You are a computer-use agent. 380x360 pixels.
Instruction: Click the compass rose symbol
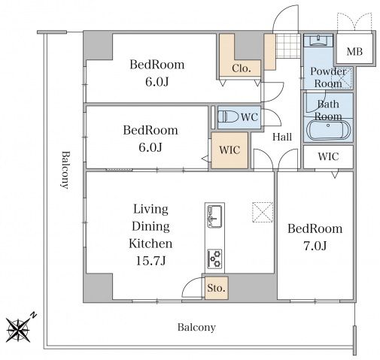click(18, 330)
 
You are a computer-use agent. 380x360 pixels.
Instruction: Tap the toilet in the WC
click(228, 116)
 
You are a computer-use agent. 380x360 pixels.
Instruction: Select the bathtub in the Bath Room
click(328, 131)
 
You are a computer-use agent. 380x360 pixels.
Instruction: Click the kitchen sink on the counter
click(214, 216)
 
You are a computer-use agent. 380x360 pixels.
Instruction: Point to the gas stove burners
click(214, 258)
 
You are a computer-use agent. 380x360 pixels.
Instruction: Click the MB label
click(354, 52)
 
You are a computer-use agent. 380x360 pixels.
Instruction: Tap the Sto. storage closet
click(217, 288)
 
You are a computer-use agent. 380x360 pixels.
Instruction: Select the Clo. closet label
click(242, 68)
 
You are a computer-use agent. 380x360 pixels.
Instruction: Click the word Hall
click(282, 137)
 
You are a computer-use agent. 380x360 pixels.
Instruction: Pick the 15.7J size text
click(150, 261)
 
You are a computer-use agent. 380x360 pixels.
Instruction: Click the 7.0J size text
click(315, 246)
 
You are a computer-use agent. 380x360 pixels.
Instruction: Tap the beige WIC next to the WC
click(230, 150)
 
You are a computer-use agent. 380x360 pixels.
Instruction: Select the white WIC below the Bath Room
click(328, 156)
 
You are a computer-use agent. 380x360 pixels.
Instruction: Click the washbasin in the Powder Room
click(318, 41)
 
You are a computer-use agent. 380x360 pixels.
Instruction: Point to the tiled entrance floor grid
click(288, 46)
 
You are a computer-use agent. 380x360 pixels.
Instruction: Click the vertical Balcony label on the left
click(65, 170)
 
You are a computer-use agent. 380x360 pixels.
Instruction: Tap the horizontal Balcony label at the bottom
click(196, 328)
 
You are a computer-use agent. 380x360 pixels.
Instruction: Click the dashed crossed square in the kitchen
click(263, 212)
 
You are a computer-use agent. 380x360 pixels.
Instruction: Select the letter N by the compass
click(33, 315)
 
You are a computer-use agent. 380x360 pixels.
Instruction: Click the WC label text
click(249, 117)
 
